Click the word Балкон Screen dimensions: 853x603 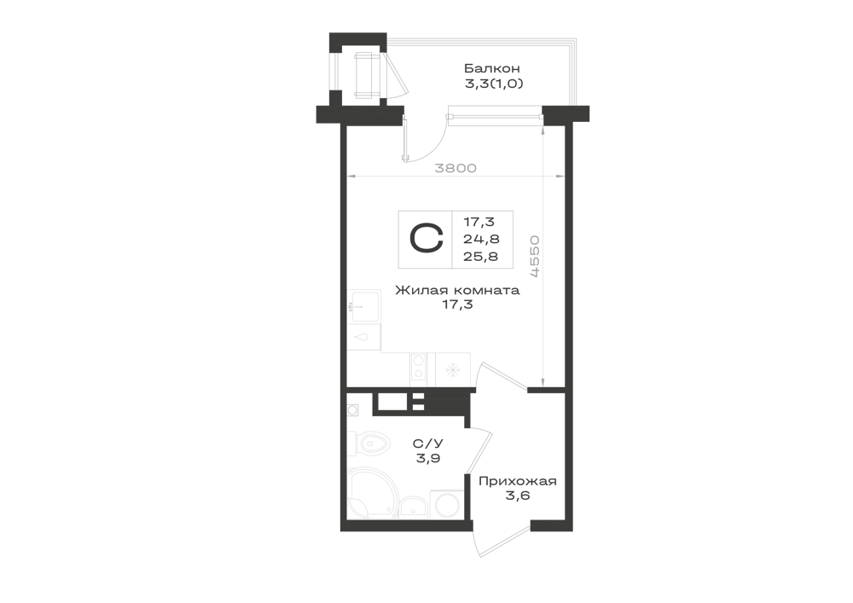click(492, 68)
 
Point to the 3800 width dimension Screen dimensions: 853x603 click(456, 168)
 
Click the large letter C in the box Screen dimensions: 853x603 click(426, 240)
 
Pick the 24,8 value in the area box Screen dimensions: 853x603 click(481, 239)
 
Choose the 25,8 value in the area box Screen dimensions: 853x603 click(480, 256)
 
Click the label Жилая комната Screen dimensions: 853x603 click(457, 290)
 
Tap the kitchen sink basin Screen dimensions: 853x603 click(364, 306)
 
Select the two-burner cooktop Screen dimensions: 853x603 click(418, 366)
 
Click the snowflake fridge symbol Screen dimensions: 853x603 click(453, 370)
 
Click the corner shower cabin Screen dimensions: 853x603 click(373, 492)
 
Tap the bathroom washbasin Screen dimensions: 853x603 click(415, 507)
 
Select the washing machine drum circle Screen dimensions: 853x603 click(446, 507)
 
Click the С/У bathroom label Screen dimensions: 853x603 click(427, 444)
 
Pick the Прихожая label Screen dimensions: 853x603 click(518, 481)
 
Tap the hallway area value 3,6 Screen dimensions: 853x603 click(518, 496)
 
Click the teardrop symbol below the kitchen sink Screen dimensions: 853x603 click(361, 338)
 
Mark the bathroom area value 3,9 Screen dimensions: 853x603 click(428, 458)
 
